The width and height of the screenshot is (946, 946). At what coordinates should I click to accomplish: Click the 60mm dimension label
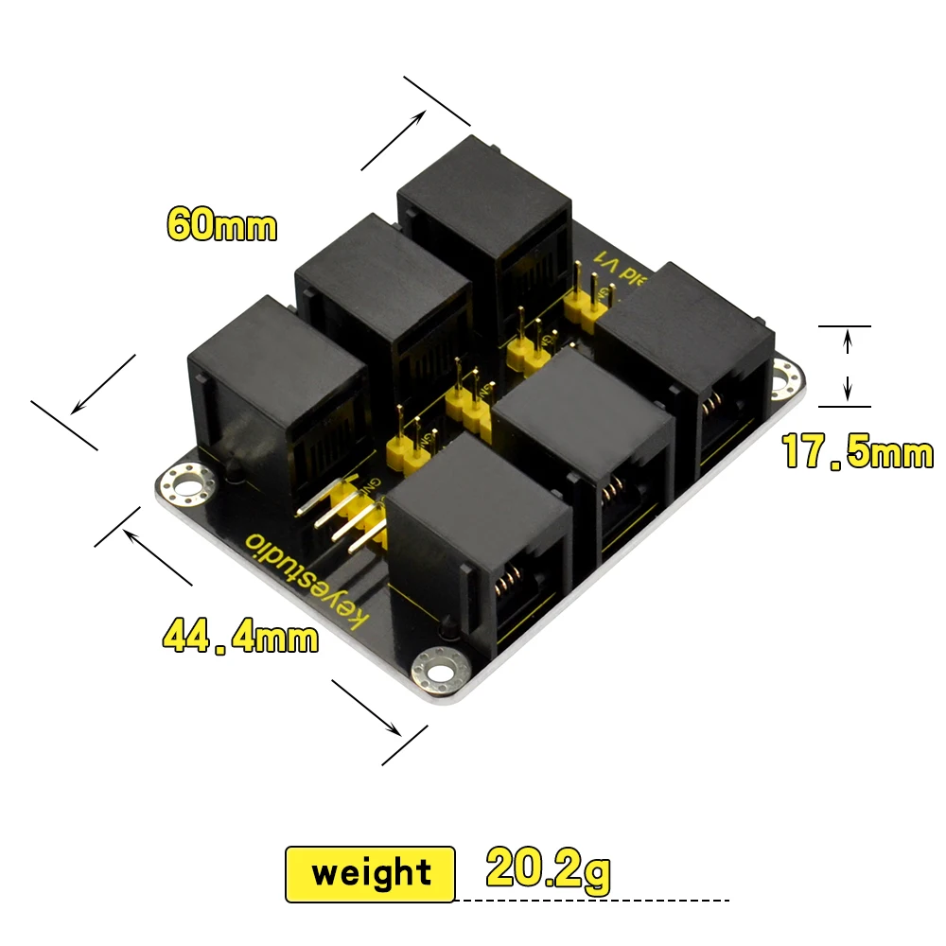(x=221, y=225)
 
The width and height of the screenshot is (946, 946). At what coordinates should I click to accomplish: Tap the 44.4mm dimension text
(x=240, y=636)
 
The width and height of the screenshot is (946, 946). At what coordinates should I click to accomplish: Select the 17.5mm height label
(x=857, y=452)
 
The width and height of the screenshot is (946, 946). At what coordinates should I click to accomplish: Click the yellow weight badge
(x=370, y=873)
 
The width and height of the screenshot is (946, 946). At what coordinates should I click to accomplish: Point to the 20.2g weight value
(x=548, y=868)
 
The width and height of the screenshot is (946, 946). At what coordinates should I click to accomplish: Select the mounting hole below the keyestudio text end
(x=440, y=673)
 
